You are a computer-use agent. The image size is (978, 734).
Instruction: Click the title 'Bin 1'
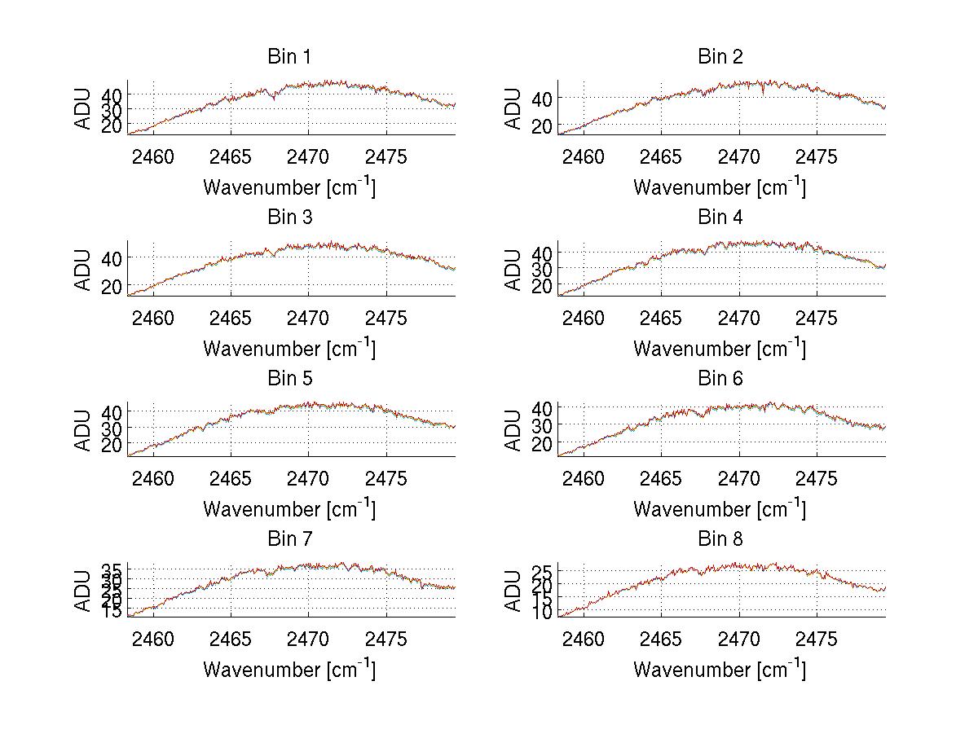click(289, 57)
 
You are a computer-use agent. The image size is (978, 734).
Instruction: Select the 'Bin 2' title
click(720, 57)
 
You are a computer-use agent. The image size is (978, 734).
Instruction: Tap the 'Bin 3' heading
click(289, 218)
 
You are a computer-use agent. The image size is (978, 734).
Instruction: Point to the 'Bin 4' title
click(720, 218)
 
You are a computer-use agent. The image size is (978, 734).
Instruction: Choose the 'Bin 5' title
click(289, 379)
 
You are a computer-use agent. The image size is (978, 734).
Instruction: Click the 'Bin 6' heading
click(720, 379)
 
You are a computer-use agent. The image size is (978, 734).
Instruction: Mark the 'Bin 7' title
click(289, 539)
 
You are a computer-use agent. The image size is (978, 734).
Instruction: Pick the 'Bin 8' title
click(720, 539)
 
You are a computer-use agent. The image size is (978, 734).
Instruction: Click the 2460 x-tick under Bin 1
click(152, 157)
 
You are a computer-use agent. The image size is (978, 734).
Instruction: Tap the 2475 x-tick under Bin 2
click(816, 157)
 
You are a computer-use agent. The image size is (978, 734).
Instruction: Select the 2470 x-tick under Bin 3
click(309, 318)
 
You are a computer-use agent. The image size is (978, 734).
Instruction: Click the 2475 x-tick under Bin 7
click(385, 639)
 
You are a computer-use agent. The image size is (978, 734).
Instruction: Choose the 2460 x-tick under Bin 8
click(584, 639)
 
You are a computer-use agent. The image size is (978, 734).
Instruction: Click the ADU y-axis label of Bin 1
click(83, 108)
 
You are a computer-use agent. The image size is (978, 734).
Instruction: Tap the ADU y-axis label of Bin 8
click(513, 591)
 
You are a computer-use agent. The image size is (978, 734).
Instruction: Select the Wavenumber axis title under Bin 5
click(289, 508)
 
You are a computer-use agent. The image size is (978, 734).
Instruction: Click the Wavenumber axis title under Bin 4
click(720, 348)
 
